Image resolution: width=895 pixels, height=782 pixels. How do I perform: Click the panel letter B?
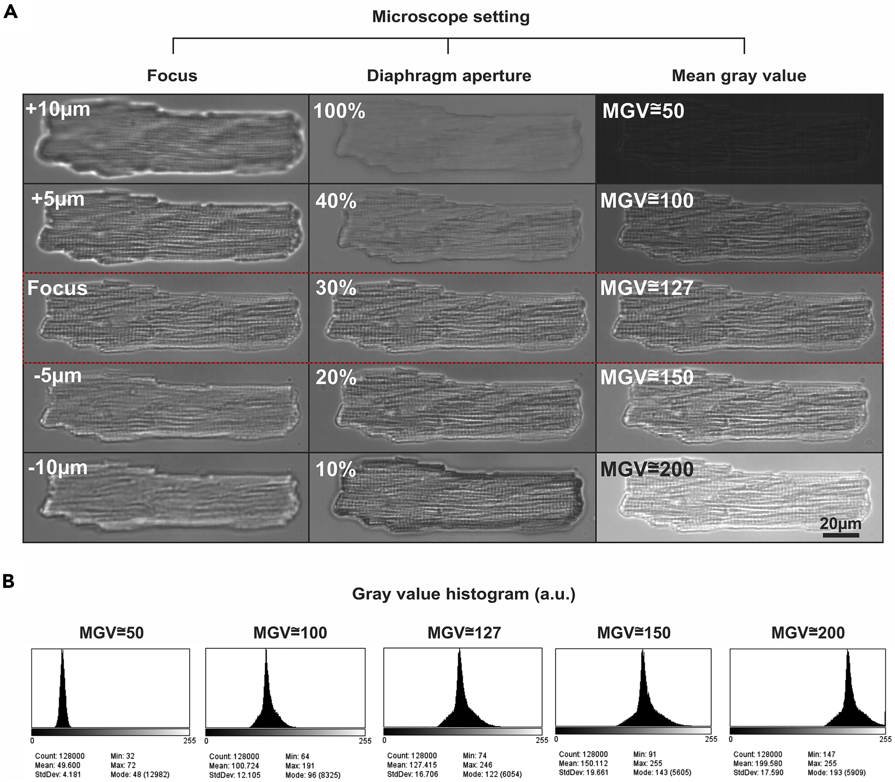point(10,582)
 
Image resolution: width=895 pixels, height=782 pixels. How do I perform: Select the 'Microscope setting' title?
point(451,17)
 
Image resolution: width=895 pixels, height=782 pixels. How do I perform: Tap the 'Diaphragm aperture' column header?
point(449,75)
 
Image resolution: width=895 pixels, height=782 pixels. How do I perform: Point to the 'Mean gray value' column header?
point(739,75)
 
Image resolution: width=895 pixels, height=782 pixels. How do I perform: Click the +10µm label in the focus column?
point(58,109)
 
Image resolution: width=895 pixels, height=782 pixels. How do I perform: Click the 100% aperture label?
point(339,112)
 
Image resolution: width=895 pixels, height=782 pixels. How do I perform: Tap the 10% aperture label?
point(336,470)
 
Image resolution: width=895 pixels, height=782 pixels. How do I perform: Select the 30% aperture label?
point(336,288)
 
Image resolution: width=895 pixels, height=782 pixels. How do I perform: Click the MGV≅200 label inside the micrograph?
point(647,470)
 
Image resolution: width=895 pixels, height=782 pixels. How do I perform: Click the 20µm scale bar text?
point(840,524)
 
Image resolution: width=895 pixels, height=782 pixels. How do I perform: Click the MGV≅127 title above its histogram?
point(464,633)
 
